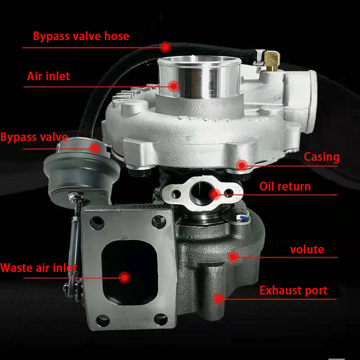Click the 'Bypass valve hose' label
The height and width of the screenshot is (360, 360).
click(81, 36)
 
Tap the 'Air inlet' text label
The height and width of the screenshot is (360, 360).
click(49, 76)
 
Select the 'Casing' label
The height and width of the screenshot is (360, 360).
click(321, 157)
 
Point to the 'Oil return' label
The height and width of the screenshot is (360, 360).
click(285, 186)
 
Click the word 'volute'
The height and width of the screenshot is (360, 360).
click(307, 249)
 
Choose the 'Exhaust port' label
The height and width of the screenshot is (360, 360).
click(293, 291)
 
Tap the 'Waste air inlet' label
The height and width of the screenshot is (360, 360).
click(39, 268)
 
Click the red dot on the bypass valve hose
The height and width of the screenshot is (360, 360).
click(166, 46)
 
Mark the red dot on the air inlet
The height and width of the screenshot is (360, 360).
click(174, 85)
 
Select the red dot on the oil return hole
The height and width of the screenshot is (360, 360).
click(215, 194)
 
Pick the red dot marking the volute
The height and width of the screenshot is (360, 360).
click(233, 256)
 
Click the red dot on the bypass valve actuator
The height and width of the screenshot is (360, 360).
click(95, 147)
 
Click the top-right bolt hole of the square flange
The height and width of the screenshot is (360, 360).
click(157, 221)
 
